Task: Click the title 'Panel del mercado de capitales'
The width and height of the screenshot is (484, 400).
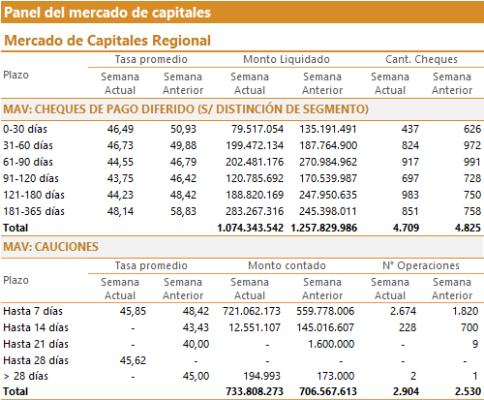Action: [107, 13]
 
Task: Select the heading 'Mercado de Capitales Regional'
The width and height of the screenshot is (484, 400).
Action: [107, 41]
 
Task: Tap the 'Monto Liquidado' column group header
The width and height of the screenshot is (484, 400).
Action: [287, 59]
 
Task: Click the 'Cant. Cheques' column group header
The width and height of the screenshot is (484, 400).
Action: [421, 59]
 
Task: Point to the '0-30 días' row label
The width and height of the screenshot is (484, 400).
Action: [25, 129]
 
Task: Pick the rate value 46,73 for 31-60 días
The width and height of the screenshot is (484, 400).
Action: [120, 145]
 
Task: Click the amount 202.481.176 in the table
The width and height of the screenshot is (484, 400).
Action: [255, 162]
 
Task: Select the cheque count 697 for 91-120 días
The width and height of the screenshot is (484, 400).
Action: [410, 178]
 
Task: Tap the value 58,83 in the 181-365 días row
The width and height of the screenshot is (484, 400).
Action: [183, 211]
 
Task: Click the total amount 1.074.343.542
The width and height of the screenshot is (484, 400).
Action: [251, 228]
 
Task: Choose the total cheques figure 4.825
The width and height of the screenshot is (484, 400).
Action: [468, 228]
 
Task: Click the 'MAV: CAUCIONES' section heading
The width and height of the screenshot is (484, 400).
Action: [50, 247]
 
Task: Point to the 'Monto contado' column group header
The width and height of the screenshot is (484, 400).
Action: [287, 265]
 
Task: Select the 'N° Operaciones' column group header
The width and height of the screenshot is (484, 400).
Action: [421, 265]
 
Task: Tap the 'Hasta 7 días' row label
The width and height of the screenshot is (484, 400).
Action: [33, 311]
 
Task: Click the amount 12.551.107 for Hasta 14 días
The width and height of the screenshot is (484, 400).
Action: [255, 327]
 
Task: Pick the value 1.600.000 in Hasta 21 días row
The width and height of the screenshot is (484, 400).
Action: [331, 344]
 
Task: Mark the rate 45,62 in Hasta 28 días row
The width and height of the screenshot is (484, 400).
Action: [133, 360]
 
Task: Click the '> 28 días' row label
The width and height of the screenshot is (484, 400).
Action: [26, 376]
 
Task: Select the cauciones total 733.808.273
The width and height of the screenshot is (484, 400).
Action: [255, 391]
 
